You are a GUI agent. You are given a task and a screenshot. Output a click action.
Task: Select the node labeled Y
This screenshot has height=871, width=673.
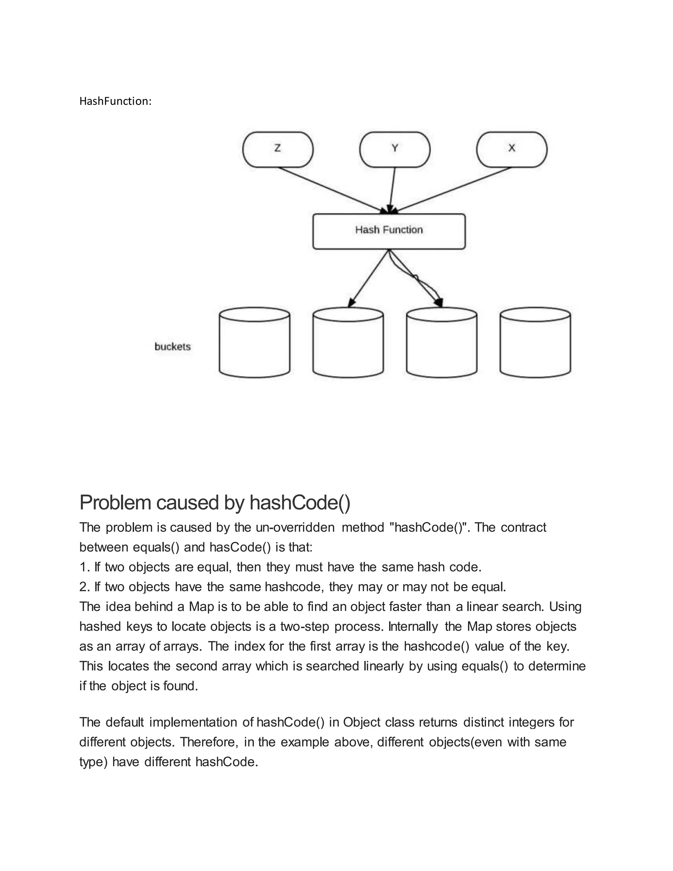point(395,150)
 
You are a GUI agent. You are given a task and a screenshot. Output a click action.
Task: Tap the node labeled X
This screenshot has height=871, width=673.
point(512,150)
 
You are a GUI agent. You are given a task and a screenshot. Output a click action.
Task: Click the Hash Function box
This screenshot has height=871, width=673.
point(389,231)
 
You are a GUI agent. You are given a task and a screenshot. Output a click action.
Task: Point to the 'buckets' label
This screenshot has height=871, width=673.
point(172,346)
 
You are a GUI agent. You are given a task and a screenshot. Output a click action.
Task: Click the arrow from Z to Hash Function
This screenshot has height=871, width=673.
point(331,189)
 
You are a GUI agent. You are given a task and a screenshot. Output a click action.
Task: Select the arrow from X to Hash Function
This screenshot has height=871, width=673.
point(454,189)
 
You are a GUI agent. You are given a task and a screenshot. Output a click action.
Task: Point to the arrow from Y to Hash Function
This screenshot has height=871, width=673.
point(392,189)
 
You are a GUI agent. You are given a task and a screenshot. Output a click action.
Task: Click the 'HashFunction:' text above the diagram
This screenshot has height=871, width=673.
point(115,101)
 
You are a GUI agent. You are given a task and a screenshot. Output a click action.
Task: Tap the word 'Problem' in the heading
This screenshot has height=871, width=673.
point(115,503)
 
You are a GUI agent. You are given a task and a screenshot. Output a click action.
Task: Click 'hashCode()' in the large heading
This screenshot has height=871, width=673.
point(300,503)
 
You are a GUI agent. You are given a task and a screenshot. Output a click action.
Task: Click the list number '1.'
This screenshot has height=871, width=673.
point(84,567)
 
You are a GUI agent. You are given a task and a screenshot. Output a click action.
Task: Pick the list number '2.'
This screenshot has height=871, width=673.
point(84,587)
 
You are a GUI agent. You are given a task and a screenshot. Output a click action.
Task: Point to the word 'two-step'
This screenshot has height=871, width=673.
point(305,626)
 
